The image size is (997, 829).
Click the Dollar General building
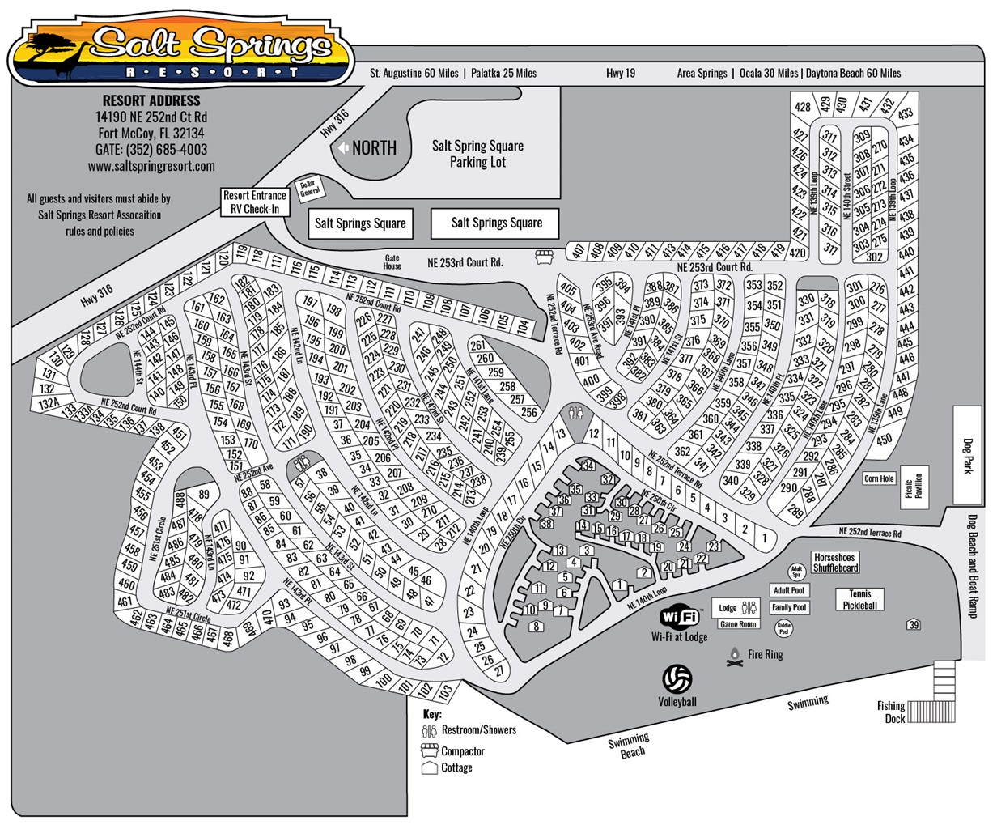[x=311, y=188]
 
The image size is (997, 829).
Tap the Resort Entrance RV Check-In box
[x=256, y=202]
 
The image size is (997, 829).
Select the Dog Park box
[x=967, y=457]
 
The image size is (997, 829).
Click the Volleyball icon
[x=677, y=678]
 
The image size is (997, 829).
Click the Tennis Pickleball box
[x=860, y=599]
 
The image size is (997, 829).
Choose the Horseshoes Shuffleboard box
[x=836, y=563]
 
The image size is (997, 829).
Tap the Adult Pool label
[x=788, y=591]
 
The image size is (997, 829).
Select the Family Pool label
[x=788, y=607]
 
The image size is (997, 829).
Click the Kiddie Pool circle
[x=783, y=628]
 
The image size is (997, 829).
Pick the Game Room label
[x=737, y=624]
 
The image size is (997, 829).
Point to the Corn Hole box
[x=879, y=478]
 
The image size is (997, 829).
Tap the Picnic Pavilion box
[x=914, y=487]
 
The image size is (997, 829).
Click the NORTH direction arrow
[x=342, y=148]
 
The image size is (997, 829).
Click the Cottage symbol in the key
[x=430, y=767]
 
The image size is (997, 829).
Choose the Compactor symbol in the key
[x=430, y=750]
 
